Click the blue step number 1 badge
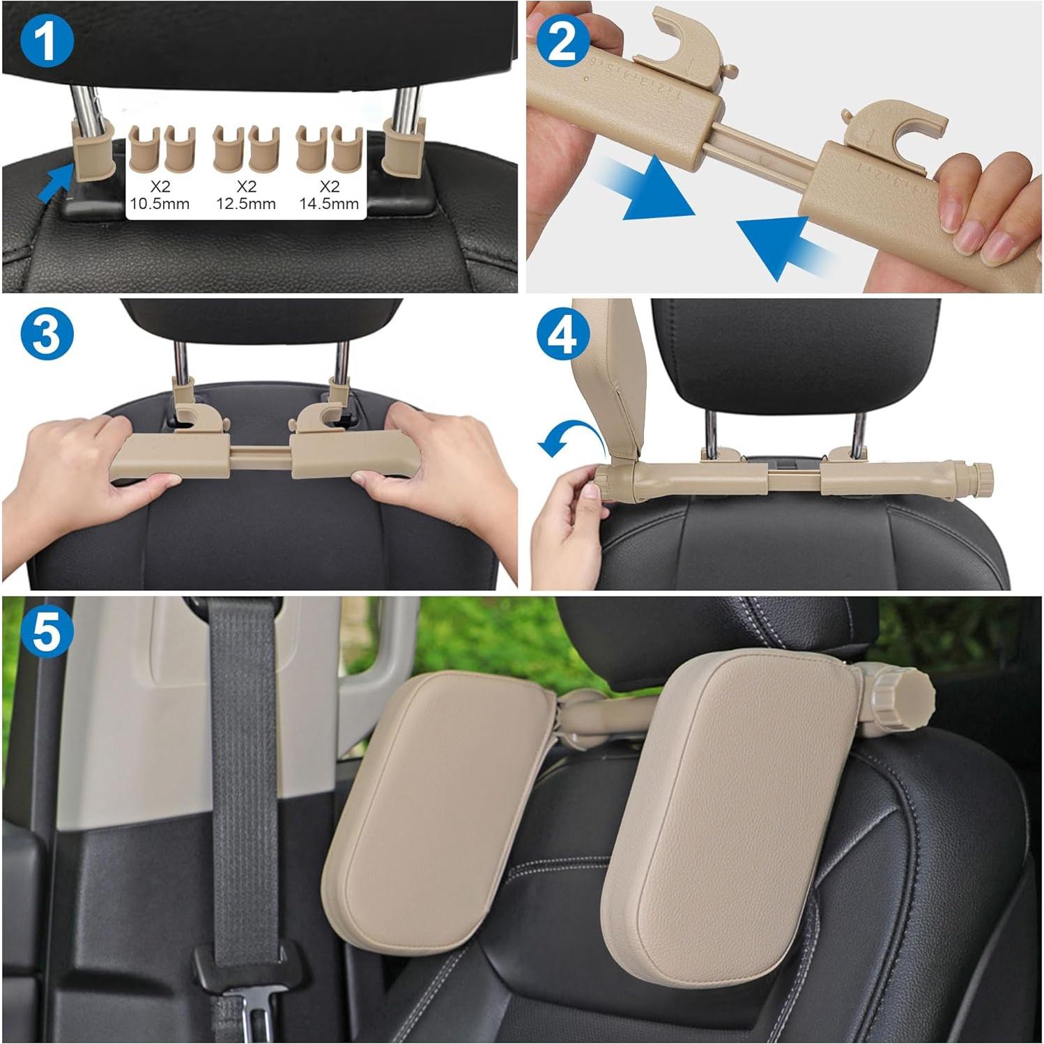[x=47, y=40]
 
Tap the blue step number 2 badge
[x=562, y=40]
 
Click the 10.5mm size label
[x=160, y=204]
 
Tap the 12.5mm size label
[x=246, y=204]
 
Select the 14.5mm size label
[x=329, y=204]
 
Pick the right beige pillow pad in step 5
[x=732, y=801]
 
